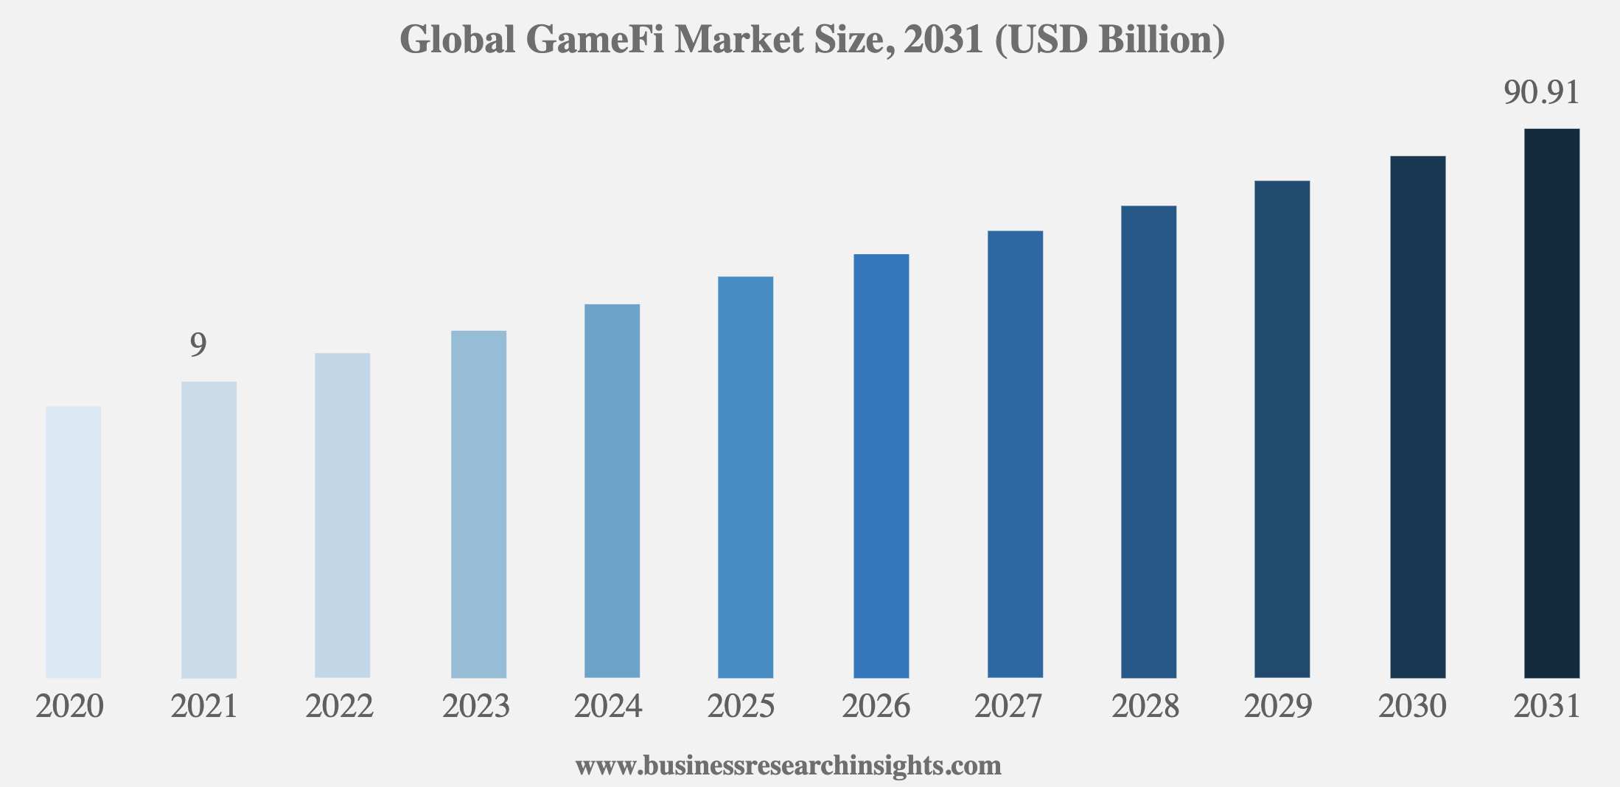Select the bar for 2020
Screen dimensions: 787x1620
(73, 542)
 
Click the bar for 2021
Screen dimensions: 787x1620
(209, 529)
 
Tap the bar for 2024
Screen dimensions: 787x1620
(612, 490)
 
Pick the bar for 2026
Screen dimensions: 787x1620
(881, 466)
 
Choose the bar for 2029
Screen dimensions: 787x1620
(1282, 429)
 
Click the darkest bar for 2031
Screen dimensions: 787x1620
(1551, 403)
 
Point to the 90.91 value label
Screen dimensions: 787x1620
(1541, 94)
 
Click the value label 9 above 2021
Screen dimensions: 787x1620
(198, 345)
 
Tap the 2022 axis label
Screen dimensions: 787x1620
(340, 707)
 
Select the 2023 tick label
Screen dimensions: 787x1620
(476, 707)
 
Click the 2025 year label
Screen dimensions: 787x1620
(741, 707)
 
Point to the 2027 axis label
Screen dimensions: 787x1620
(1008, 707)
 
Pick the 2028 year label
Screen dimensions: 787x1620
(1145, 707)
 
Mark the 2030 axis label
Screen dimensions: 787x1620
(1412, 707)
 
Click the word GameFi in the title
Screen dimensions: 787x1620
(594, 40)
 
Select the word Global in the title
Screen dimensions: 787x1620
(457, 40)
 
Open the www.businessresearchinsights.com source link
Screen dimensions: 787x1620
(788, 766)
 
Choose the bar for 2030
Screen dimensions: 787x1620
(1417, 416)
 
